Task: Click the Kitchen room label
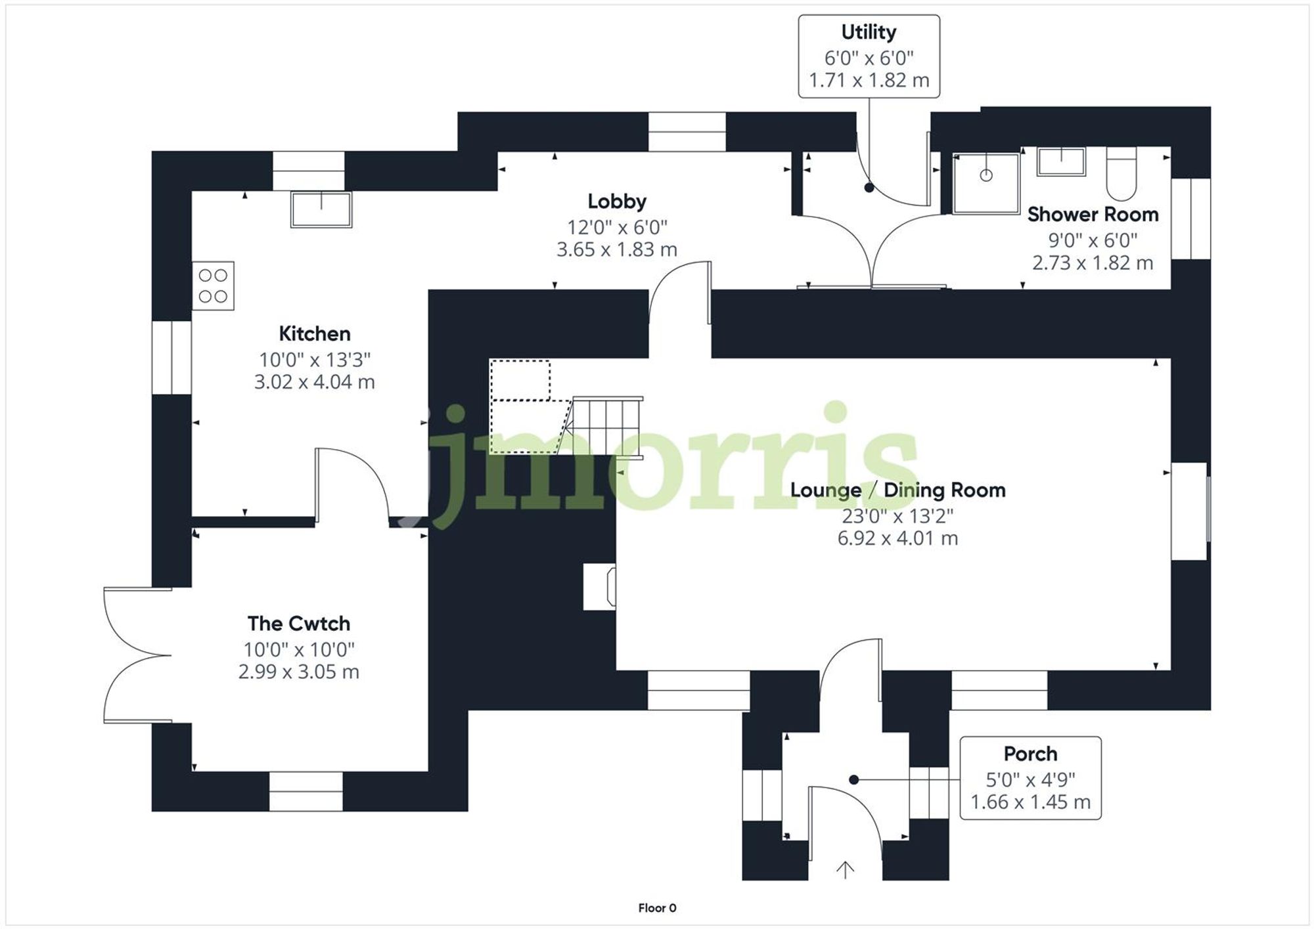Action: point(314,334)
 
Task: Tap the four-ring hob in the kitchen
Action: point(213,286)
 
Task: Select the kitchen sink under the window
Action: point(321,209)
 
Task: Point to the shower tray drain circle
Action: point(985,175)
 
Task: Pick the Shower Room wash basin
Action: point(1060,162)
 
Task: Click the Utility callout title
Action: point(869,32)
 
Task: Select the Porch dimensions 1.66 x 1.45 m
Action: point(1030,802)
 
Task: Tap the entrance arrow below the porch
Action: point(845,869)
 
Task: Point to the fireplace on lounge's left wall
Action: point(600,587)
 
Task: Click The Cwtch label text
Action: point(298,623)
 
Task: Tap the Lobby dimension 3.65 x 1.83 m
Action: point(616,249)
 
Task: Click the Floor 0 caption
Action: point(657,908)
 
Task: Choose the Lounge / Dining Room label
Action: point(897,490)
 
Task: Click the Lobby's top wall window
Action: point(687,132)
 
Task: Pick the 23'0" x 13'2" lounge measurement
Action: point(897,516)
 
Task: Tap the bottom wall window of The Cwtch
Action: point(306,791)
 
